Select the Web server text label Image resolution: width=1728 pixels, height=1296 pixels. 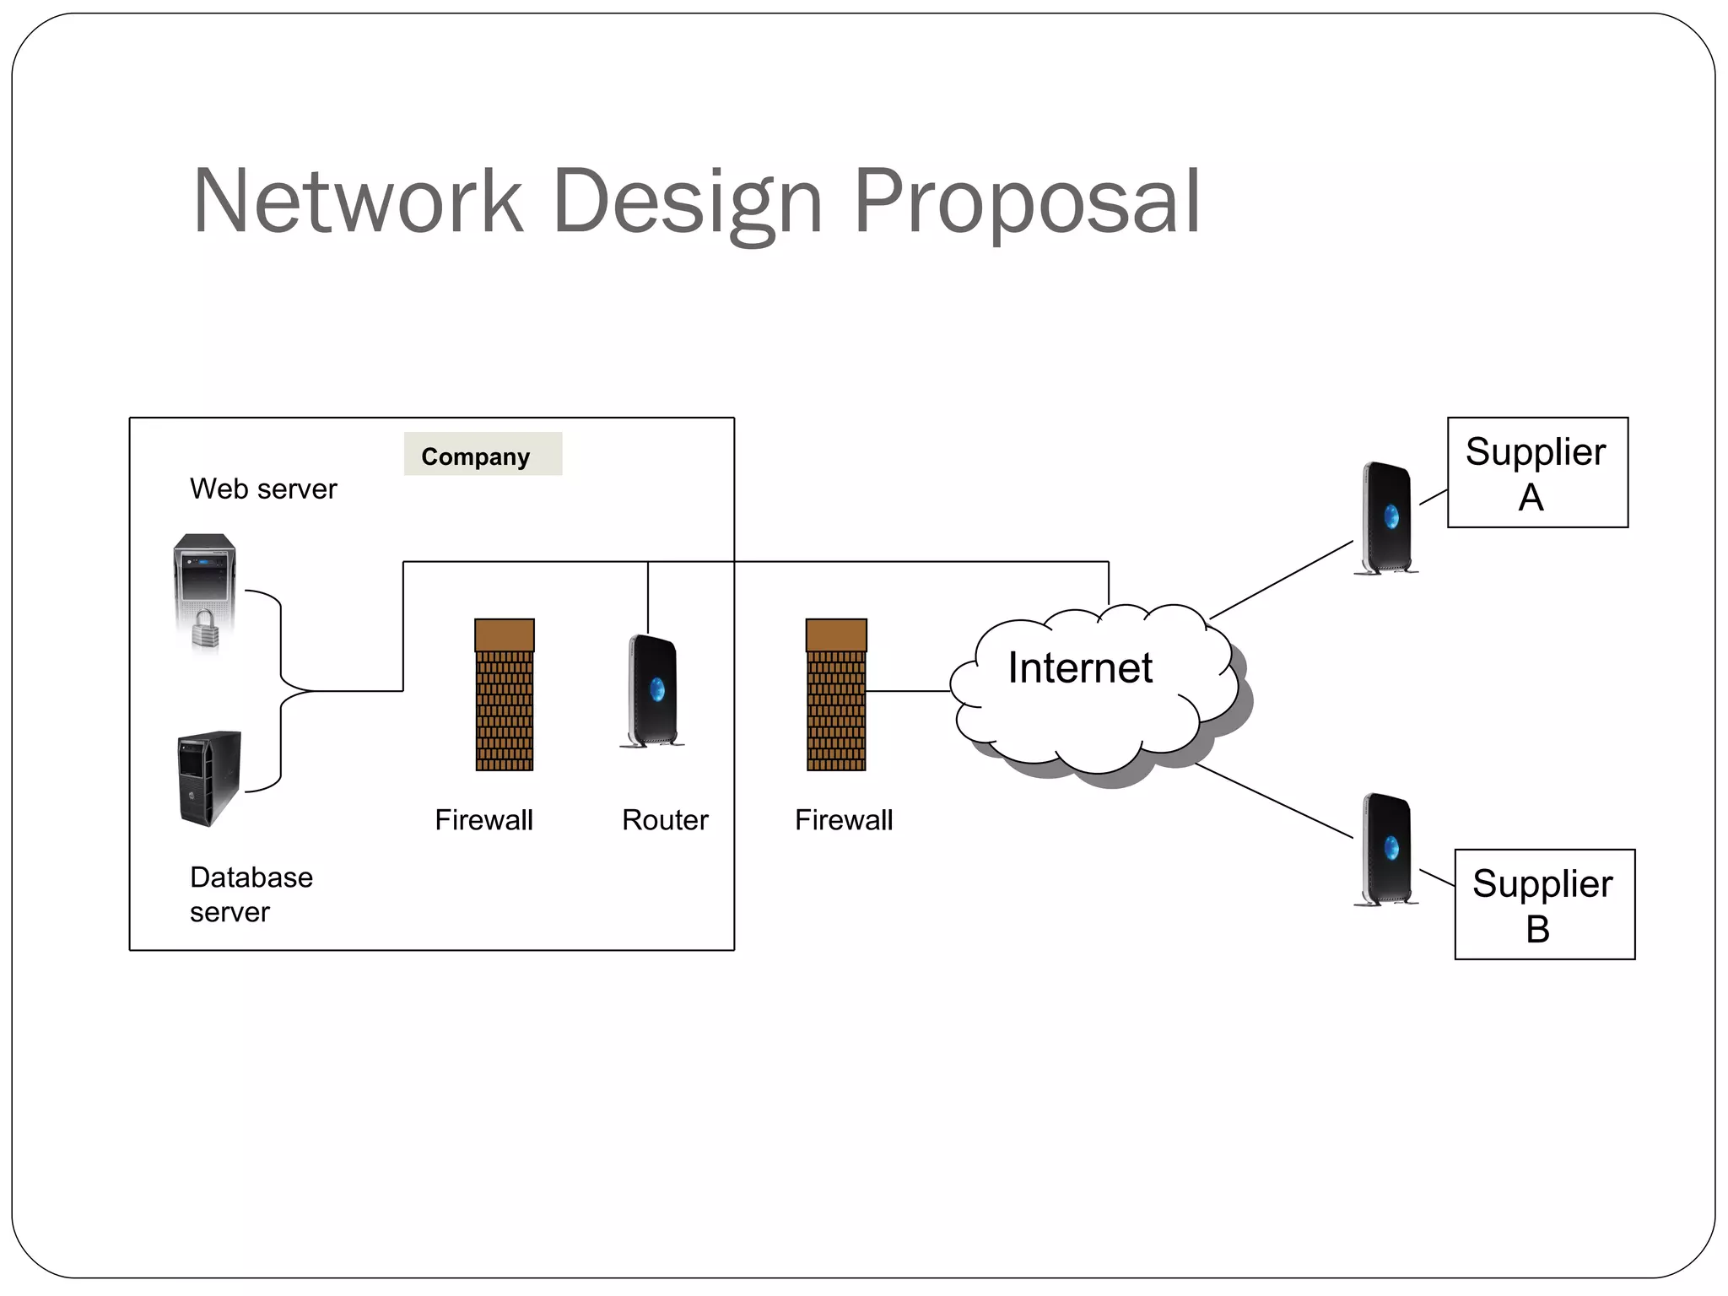263,489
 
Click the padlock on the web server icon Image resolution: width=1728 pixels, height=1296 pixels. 205,629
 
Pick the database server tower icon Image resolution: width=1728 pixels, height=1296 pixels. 210,777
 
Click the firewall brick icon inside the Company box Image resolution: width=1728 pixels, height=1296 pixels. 505,695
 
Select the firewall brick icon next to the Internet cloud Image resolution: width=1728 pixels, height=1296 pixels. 836,695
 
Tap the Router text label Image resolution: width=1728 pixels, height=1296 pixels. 665,820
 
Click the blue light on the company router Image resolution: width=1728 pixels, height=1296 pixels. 657,690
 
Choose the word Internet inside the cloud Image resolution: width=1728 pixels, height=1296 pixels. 1080,668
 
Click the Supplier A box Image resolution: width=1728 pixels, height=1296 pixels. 1537,472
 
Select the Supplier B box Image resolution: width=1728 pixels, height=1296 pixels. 1544,904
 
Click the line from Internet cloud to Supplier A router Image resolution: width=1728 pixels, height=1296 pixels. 1281,580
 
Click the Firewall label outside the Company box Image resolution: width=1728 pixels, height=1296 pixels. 844,820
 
